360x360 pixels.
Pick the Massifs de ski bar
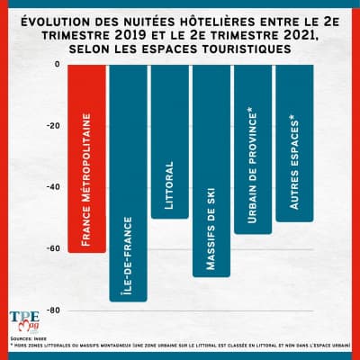[211, 170]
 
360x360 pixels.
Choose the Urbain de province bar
[252, 149]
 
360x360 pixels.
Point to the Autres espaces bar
[294, 143]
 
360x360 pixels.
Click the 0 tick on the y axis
[56, 65]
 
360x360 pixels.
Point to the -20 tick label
[52, 126]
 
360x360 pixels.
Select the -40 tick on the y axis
[52, 187]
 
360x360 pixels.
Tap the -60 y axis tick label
[52, 249]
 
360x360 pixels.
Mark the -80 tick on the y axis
[52, 310]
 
